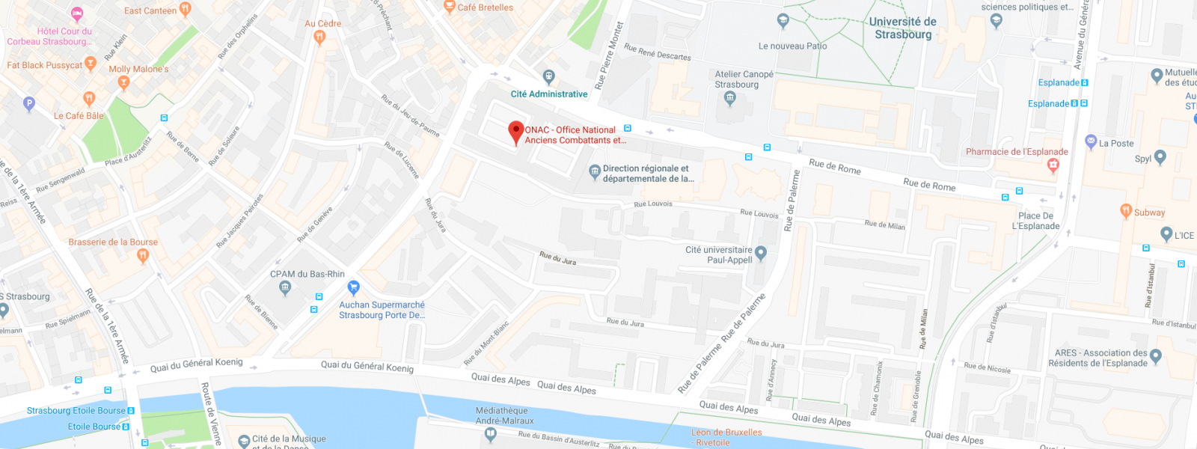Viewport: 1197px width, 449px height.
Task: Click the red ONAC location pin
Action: pyautogui.click(x=515, y=132)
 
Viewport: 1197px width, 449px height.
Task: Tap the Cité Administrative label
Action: pyautogui.click(x=548, y=94)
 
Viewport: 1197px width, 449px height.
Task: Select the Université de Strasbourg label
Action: pyautogui.click(x=903, y=28)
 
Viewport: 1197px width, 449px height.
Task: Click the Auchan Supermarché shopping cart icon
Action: pyautogui.click(x=354, y=287)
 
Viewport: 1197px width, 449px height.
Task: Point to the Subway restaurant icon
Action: pyautogui.click(x=1126, y=211)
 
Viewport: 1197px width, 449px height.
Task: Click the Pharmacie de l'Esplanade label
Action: pyautogui.click(x=1017, y=152)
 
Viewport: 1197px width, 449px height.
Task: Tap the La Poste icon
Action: pyautogui.click(x=1091, y=141)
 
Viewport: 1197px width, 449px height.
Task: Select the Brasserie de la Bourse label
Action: pyautogui.click(x=113, y=242)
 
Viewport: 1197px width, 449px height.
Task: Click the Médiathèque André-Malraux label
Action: pyautogui.click(x=504, y=415)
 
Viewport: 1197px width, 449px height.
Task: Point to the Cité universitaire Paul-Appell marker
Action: pyautogui.click(x=761, y=253)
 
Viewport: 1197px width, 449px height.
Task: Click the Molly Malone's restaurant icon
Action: pyautogui.click(x=124, y=82)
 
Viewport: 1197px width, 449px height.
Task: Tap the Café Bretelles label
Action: pyautogui.click(x=485, y=7)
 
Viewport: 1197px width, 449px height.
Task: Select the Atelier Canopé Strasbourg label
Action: pyautogui.click(x=744, y=79)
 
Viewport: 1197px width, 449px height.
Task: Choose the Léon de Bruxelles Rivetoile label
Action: pyautogui.click(x=726, y=437)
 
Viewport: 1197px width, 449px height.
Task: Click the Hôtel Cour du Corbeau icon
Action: pyautogui.click(x=77, y=13)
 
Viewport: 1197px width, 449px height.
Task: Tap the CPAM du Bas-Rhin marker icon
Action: pyautogui.click(x=284, y=287)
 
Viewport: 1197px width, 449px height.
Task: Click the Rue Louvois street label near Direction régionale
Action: pyautogui.click(x=653, y=204)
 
